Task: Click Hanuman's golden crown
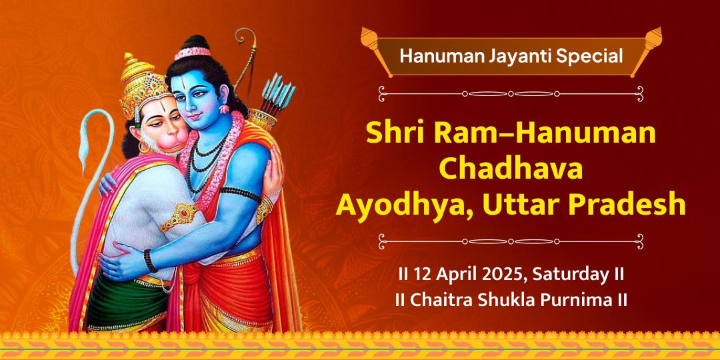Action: (139, 87)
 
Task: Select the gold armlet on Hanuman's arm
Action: (181, 215)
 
